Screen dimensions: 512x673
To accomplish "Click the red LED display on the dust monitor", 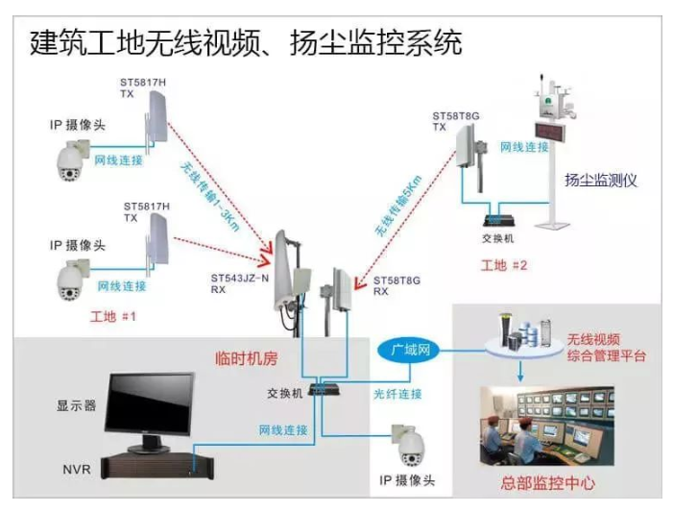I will (555, 132).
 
